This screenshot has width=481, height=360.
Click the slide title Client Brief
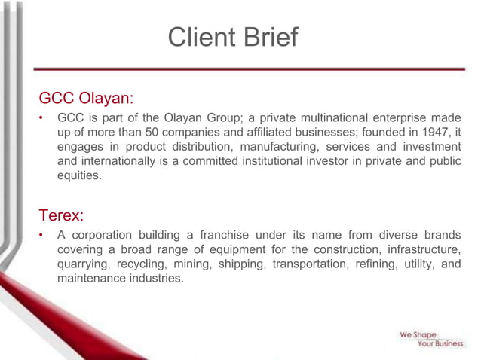point(233,37)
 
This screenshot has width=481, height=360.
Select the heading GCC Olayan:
point(86,99)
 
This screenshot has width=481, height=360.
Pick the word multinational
point(330,117)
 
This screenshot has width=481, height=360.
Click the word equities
point(79,175)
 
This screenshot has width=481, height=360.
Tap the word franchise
point(229,235)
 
